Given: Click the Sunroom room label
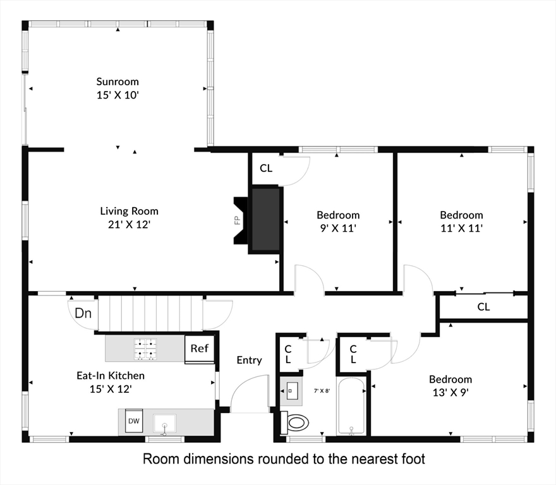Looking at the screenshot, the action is click(x=118, y=82).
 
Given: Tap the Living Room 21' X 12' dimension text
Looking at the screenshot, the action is click(x=130, y=224).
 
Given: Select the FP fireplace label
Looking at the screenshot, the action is click(x=237, y=220).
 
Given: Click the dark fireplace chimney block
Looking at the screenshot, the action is click(x=265, y=220).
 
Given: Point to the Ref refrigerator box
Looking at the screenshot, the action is click(x=199, y=349).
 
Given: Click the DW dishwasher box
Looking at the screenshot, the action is click(x=134, y=421).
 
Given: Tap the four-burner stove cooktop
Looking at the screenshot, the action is click(x=145, y=349).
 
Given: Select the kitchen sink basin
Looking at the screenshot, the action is click(x=164, y=423).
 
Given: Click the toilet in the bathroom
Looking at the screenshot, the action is click(x=294, y=422).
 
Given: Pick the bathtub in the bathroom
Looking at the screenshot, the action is click(x=351, y=406).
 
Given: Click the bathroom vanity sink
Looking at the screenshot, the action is click(x=291, y=391).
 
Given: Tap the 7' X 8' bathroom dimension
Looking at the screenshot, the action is click(x=322, y=391).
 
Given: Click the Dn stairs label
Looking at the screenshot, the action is click(x=83, y=313).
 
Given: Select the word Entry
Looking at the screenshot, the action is click(x=250, y=360).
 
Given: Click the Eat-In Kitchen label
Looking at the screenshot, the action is click(x=111, y=376).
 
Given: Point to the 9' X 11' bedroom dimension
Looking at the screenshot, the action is click(x=338, y=228).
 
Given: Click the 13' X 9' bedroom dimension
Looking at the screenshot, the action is click(x=450, y=392).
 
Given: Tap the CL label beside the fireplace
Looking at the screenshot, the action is click(x=266, y=168).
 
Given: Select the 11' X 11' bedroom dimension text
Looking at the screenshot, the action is click(x=461, y=228).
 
